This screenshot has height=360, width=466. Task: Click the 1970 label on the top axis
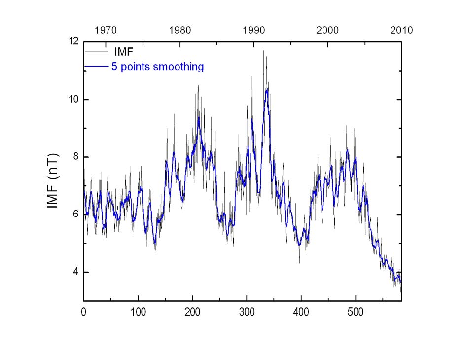[x=106, y=30]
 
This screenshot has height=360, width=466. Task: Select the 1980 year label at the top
[x=180, y=30]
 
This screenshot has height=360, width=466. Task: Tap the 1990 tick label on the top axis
[x=254, y=30]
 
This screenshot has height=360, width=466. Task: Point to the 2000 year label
[x=328, y=30]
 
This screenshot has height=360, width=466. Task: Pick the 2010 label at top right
[x=401, y=30]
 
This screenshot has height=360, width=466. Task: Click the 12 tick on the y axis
[x=73, y=42]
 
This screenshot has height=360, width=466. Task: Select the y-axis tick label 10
[x=73, y=100]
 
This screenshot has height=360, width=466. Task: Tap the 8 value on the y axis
[x=76, y=157]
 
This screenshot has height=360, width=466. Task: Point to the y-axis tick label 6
[x=76, y=215]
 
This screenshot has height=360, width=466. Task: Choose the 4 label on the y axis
[x=76, y=272]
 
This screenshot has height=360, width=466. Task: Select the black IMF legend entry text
[x=123, y=52]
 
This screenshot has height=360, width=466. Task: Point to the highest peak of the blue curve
[x=267, y=89]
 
